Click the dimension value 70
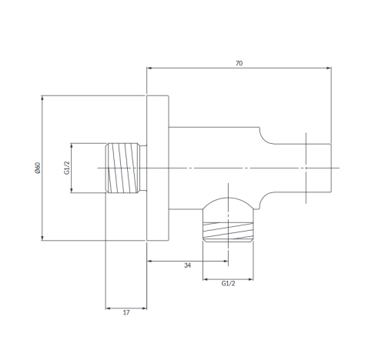point(239,63)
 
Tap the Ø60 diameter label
point(38,168)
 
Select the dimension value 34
point(188,265)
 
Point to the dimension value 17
point(126,312)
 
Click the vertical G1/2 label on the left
point(67,168)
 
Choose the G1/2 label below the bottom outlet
point(228,283)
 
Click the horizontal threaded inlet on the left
point(122,168)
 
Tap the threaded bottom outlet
point(228,232)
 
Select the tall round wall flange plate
point(158,168)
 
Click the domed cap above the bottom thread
point(228,203)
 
